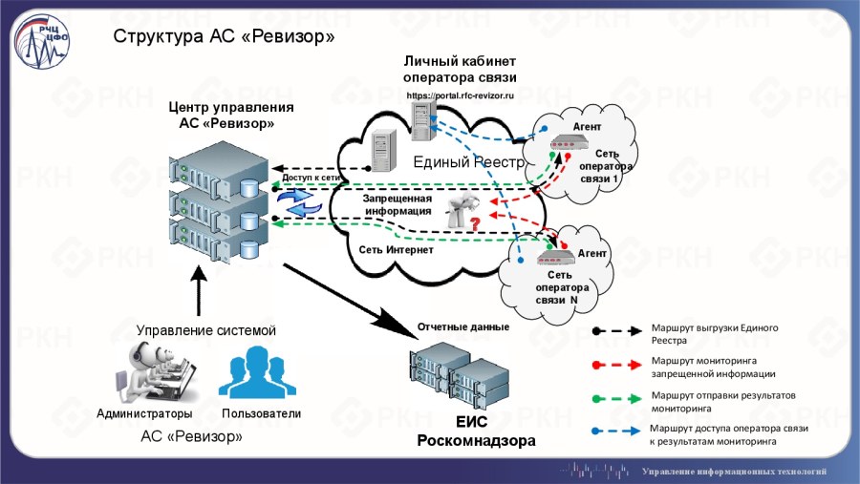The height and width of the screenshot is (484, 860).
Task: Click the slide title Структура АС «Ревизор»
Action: [x=224, y=37]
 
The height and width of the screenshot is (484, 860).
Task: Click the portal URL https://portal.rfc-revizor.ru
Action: [x=461, y=95]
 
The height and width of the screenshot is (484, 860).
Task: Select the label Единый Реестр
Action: [x=469, y=162]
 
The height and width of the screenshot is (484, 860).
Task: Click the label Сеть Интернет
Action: [x=396, y=249]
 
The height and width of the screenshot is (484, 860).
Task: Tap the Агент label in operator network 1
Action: [x=587, y=127]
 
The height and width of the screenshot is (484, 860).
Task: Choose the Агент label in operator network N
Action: [x=592, y=254]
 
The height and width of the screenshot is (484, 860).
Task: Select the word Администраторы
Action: [x=144, y=414]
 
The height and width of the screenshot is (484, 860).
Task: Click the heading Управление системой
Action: [x=205, y=330]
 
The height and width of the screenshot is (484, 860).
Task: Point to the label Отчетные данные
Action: [x=462, y=327]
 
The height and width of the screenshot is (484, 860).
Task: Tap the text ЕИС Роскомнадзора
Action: [x=475, y=432]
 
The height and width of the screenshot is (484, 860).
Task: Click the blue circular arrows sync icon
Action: [x=299, y=201]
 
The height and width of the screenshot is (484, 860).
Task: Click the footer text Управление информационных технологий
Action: [x=734, y=472]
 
